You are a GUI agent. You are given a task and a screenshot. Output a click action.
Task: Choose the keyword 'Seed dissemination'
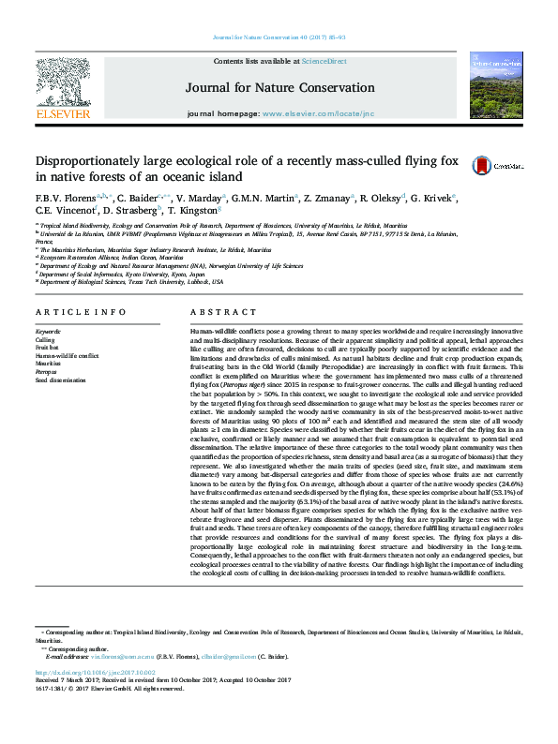click(62, 379)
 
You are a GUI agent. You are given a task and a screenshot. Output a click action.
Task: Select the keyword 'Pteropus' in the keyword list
click(47, 372)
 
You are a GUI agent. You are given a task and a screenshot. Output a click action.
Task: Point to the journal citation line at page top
click(279, 37)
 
